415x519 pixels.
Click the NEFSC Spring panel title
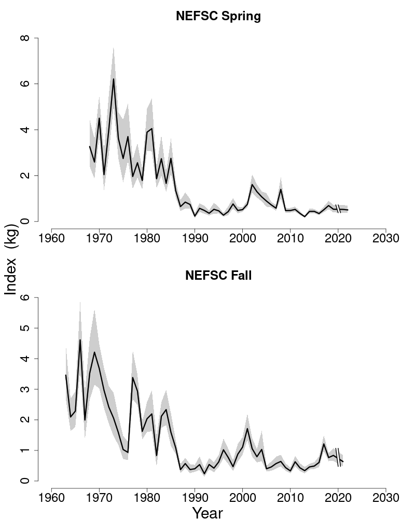pos(218,16)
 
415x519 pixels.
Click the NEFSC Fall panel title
pos(218,276)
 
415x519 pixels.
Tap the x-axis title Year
pos(208,513)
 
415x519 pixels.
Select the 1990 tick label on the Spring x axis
pos(195,238)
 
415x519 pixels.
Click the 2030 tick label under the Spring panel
pos(386,238)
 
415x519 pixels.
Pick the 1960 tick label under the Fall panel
pos(52,498)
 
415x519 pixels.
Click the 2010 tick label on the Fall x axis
pos(290,498)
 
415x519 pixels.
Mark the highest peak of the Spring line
pos(114,79)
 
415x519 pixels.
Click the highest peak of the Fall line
pos(80,340)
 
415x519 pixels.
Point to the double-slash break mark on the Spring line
pos(338,209)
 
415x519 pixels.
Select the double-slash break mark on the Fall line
pos(338,457)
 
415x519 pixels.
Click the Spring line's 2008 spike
pos(281,189)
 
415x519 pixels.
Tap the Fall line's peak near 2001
pos(247,428)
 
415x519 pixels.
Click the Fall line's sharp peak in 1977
pos(133,377)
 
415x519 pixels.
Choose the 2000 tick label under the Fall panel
pos(243,498)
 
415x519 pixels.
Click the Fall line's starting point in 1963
pos(66,375)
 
